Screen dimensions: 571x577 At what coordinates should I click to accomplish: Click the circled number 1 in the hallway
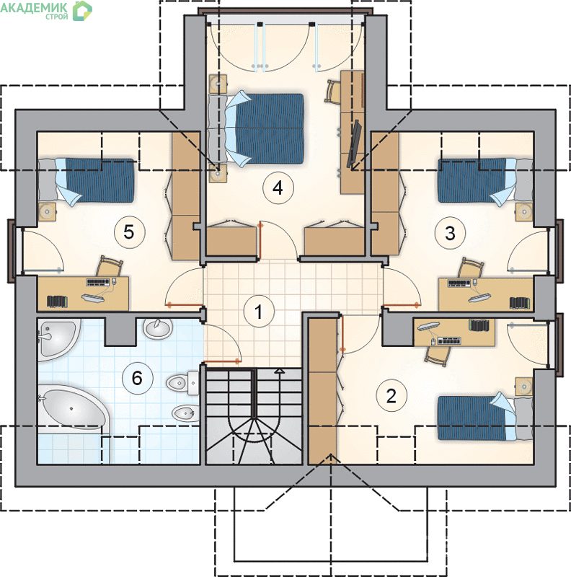(259, 312)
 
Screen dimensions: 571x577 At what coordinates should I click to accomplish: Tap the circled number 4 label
(278, 188)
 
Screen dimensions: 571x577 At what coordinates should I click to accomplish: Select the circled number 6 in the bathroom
(137, 378)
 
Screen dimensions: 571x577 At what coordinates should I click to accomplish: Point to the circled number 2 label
(391, 395)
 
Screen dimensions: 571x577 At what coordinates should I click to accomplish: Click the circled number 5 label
(129, 232)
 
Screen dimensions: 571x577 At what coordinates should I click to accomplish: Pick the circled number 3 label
(450, 232)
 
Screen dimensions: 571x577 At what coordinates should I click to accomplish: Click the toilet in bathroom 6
(183, 383)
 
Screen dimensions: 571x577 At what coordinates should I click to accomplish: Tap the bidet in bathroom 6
(185, 413)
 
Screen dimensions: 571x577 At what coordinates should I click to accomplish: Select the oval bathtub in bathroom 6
(73, 408)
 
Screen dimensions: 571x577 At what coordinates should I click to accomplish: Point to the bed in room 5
(86, 181)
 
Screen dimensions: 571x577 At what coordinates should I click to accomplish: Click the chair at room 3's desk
(471, 268)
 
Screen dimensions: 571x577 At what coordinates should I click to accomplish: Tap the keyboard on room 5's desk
(98, 282)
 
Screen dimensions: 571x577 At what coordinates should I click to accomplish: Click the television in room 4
(354, 142)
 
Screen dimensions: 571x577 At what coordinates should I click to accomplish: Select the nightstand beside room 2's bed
(524, 387)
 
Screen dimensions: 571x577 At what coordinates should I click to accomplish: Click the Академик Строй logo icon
(82, 11)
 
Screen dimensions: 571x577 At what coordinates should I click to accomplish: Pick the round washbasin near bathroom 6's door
(158, 328)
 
